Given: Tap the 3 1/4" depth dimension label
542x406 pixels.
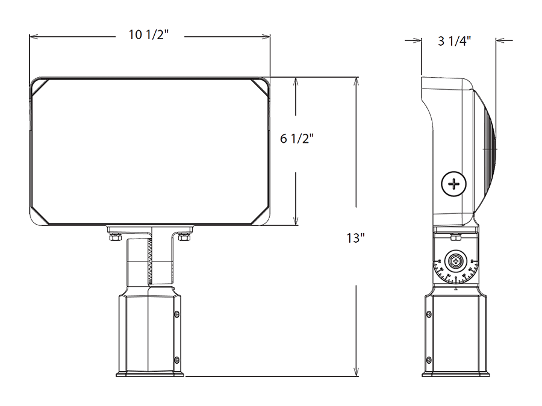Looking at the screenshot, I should [x=453, y=42].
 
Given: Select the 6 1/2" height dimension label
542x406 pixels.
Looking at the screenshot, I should [x=297, y=139].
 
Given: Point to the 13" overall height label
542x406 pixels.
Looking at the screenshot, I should [x=357, y=238].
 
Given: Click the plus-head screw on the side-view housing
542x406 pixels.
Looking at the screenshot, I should [x=454, y=183].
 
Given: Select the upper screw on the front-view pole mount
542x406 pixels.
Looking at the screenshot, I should [x=176, y=314].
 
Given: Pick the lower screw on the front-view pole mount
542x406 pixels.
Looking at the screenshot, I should [x=176, y=360].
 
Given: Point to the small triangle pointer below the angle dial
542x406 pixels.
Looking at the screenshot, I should [x=456, y=289].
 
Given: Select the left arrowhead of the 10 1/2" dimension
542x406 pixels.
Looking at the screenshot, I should [x=34, y=40].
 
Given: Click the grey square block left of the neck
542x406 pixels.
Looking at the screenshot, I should [x=102, y=248].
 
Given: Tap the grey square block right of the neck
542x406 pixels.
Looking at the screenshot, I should [x=197, y=248].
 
